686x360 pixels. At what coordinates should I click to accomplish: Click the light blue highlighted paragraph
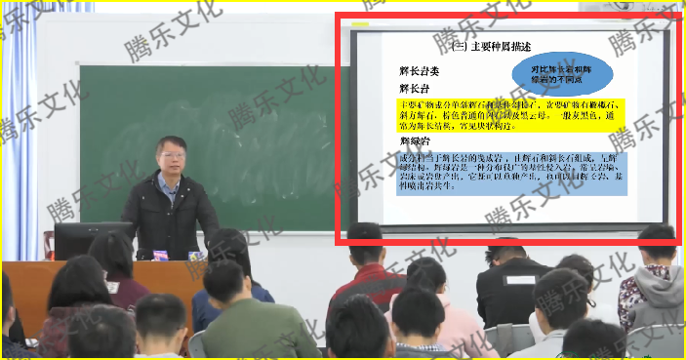[518, 172]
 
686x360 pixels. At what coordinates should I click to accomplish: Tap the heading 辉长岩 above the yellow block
[416, 89]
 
